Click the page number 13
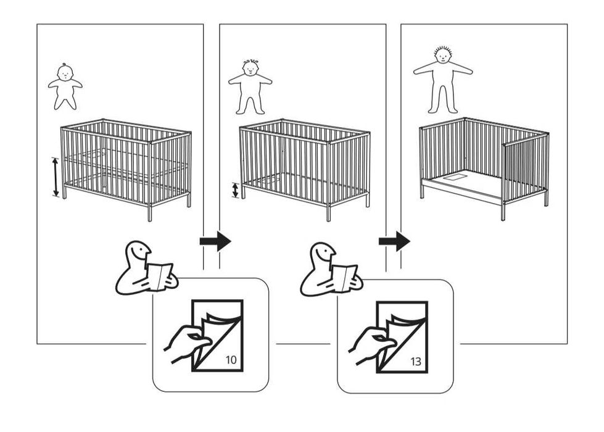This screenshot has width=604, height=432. (x=416, y=362)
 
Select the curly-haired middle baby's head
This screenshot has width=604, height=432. (x=250, y=68)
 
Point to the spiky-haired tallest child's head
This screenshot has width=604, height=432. (x=442, y=56)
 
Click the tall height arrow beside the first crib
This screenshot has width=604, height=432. (x=56, y=177)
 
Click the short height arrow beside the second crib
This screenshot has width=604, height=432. (x=235, y=190)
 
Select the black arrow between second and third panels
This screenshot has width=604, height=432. (x=394, y=241)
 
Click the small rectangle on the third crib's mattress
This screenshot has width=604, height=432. (x=457, y=177)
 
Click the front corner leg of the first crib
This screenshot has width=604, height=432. (x=150, y=212)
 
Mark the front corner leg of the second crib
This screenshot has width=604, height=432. (x=329, y=212)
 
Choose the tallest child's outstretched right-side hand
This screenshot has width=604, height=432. (x=470, y=72)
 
